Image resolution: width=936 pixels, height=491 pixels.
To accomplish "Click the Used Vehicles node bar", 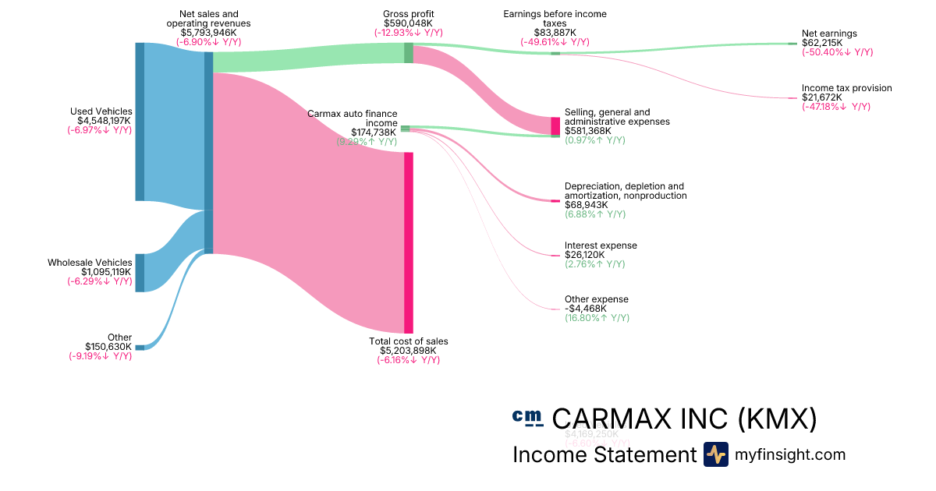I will (x=140, y=122).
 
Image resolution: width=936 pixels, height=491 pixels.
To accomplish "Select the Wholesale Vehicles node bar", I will (x=140, y=273).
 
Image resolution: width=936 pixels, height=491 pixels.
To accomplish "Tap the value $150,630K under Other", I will (x=108, y=347).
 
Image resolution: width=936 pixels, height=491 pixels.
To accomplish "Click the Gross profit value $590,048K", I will (x=409, y=23).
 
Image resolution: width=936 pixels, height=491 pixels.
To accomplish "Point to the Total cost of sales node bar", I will (x=408, y=242).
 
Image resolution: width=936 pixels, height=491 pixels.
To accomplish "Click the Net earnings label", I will (x=829, y=34).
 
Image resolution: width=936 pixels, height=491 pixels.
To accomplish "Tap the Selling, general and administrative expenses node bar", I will (x=555, y=125).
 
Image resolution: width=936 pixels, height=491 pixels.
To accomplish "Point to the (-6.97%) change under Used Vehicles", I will (x=99, y=130).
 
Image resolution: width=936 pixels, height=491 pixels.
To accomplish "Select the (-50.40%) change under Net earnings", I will (x=837, y=52).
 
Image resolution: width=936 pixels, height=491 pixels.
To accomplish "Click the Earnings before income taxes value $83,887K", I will (x=555, y=33).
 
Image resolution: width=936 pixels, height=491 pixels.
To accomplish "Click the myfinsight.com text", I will (x=790, y=454).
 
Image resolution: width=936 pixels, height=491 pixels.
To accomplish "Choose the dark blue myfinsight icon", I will (x=716, y=454).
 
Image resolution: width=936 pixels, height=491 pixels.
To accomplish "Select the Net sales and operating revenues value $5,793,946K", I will (x=208, y=33).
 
